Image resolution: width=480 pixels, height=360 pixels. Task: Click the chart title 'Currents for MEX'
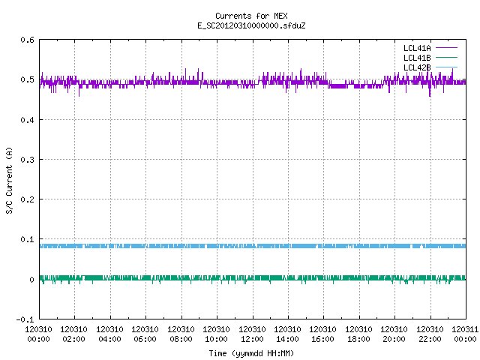point(251,16)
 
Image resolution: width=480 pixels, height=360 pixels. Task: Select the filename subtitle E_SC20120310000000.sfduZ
point(251,25)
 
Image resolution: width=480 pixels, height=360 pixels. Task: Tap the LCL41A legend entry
point(417,48)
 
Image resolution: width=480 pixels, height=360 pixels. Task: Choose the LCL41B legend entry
point(417,58)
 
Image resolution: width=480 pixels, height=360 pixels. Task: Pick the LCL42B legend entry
point(417,67)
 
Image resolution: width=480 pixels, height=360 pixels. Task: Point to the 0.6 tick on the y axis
point(27,40)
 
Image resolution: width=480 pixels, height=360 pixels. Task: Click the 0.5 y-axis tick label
point(27,79)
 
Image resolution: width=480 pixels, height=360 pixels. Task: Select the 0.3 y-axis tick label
point(27,160)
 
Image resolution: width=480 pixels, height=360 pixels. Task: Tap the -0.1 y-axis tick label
point(25,319)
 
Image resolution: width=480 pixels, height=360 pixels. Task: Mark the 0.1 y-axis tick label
point(27,239)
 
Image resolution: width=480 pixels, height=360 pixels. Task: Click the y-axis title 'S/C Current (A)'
point(9,181)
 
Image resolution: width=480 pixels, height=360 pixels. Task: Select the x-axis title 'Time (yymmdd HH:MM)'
point(251,353)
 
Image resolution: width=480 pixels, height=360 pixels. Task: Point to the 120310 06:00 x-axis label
point(145,334)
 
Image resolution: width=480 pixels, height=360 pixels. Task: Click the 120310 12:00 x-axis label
point(252,334)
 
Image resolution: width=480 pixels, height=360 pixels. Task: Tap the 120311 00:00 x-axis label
point(465,334)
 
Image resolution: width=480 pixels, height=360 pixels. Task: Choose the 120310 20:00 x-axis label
point(394,334)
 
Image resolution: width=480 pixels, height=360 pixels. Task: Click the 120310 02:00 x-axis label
point(73,334)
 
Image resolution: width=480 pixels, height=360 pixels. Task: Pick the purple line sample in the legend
point(446,48)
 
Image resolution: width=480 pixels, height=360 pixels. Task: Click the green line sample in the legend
point(446,57)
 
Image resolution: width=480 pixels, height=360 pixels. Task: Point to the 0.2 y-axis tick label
point(27,199)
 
